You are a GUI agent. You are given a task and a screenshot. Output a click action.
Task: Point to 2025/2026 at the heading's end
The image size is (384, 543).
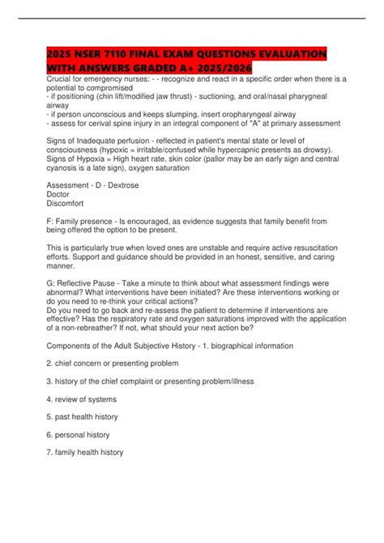[220, 66]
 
